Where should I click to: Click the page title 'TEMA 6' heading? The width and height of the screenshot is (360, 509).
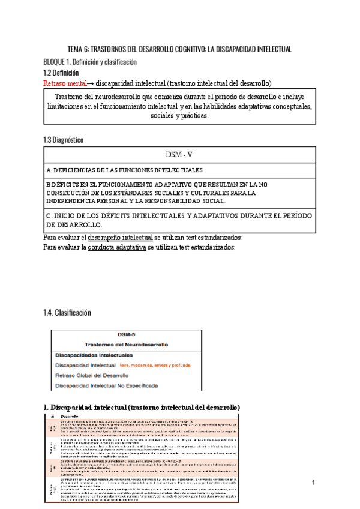(x=180, y=49)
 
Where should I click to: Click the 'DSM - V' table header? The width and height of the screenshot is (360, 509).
(x=179, y=154)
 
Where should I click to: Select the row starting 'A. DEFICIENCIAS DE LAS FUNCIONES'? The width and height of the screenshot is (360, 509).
(x=124, y=170)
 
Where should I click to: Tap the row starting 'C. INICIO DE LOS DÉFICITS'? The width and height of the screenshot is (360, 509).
(x=178, y=220)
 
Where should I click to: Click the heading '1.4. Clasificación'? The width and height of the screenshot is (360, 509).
(x=67, y=313)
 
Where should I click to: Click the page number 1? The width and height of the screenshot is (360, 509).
(x=313, y=483)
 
